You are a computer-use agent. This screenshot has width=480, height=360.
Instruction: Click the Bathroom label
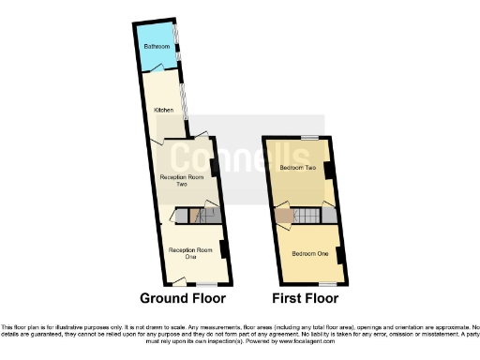[x=157, y=46]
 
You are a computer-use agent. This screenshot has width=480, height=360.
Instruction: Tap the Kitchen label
[x=163, y=110]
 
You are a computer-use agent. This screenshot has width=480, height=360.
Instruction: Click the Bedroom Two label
[x=298, y=168]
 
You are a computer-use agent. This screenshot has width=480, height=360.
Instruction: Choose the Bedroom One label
[x=308, y=254]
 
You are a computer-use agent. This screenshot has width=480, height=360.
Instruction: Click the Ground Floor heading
[x=183, y=300]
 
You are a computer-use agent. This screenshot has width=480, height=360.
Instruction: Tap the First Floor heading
[x=304, y=300]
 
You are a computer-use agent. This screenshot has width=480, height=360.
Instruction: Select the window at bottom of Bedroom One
[x=325, y=282]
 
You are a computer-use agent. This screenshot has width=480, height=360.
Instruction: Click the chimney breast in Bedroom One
[x=339, y=254]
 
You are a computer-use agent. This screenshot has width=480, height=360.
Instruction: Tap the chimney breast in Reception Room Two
[x=214, y=167]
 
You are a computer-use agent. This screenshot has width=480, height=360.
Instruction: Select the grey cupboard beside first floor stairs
[x=328, y=216]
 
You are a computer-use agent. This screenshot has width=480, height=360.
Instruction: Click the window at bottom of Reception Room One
[x=206, y=282]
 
